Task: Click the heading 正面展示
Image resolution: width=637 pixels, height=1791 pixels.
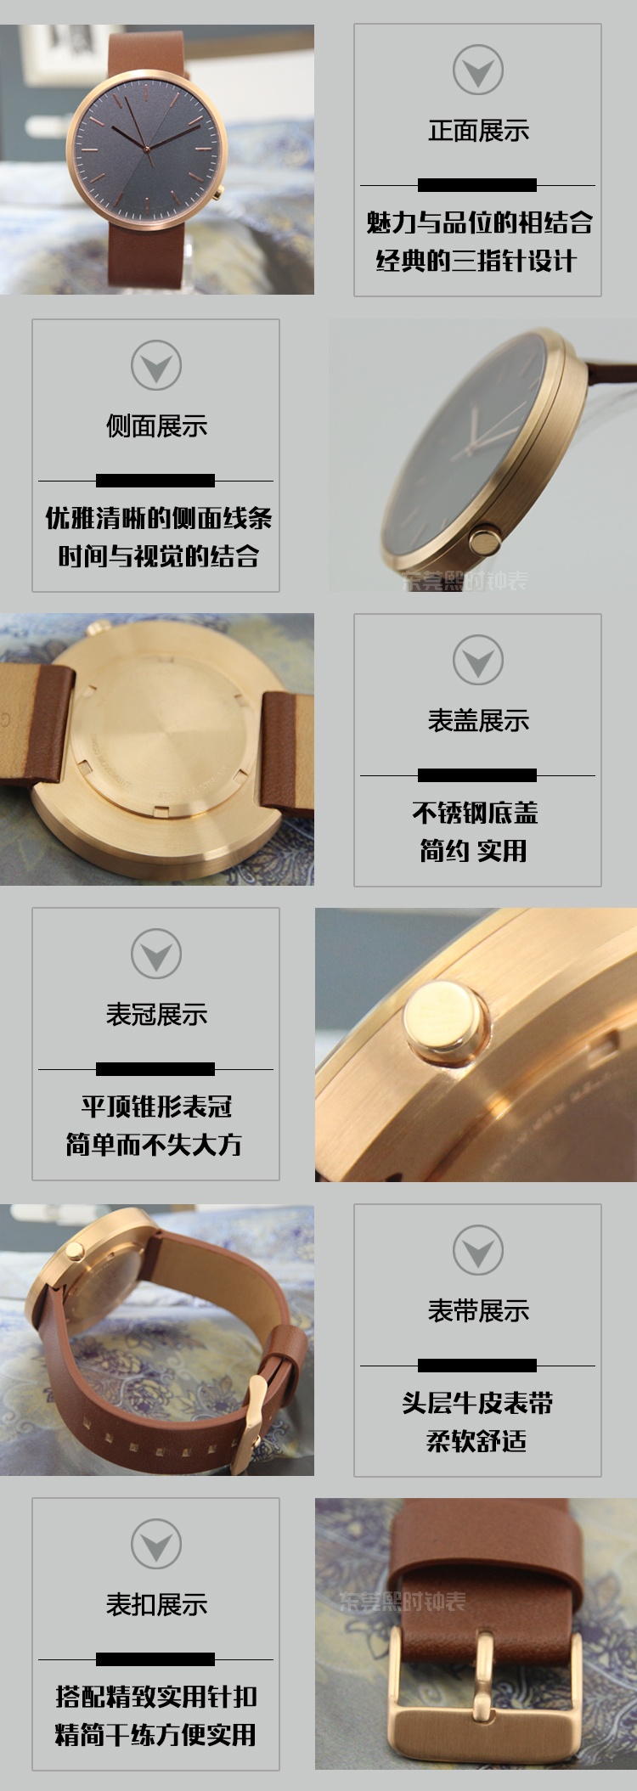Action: [x=478, y=131]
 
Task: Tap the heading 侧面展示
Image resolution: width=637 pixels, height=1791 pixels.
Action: [x=156, y=425]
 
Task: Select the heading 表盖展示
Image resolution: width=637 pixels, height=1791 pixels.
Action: [x=478, y=721]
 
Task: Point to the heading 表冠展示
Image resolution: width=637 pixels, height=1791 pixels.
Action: [x=156, y=1014]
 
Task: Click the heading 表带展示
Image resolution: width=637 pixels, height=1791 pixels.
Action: [x=478, y=1311]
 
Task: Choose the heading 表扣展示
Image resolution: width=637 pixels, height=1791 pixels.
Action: [x=156, y=1604]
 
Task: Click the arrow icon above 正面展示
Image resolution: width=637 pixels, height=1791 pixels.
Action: [x=478, y=70]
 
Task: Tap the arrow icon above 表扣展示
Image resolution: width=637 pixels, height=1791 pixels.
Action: [x=156, y=1544]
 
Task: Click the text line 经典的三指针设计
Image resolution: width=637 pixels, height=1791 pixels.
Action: [x=476, y=261]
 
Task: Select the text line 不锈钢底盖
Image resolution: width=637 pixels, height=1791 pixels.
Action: [x=476, y=813]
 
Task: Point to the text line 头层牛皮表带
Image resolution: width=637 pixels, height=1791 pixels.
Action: [x=477, y=1403]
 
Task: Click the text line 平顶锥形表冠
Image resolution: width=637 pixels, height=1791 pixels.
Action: [x=156, y=1107]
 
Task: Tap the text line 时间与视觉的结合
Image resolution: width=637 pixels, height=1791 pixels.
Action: [x=159, y=556]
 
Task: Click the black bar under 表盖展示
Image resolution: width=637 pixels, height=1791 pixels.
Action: [x=477, y=774]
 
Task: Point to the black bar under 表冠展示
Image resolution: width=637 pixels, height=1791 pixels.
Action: [x=155, y=1068]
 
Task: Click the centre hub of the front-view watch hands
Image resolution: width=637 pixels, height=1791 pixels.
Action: [x=149, y=149]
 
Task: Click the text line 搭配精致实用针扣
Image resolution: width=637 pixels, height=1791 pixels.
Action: [x=156, y=1696]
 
